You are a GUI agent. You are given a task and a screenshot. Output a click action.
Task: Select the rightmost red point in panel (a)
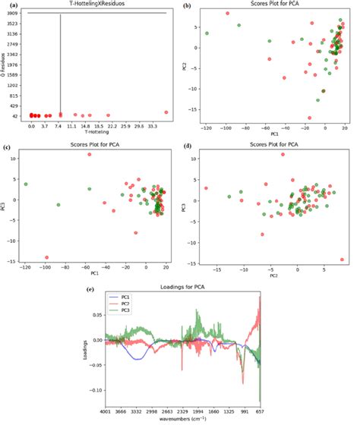166,112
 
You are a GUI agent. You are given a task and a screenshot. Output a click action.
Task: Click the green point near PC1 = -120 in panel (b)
207,33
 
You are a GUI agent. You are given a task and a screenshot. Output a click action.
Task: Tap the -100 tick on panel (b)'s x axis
226,130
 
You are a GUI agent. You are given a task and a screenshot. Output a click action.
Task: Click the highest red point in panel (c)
89,154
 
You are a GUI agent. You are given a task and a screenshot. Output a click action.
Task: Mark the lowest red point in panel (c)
46,257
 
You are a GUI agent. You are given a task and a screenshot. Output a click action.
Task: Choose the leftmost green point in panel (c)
26,184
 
